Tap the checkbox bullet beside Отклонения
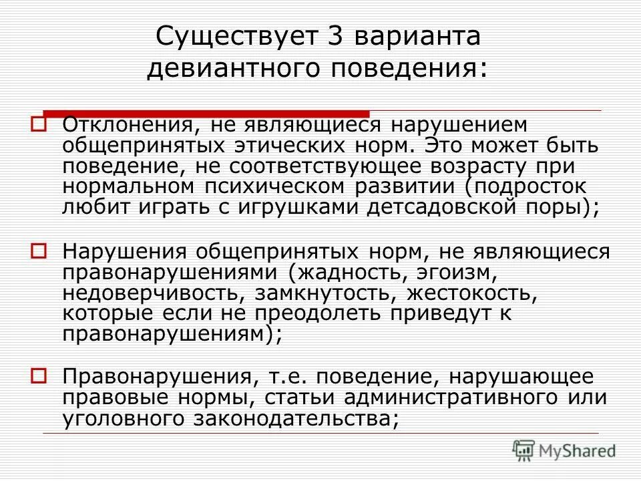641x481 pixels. click(38, 125)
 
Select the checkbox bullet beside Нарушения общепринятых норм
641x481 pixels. click(38, 251)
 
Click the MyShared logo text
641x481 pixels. click(579, 449)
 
